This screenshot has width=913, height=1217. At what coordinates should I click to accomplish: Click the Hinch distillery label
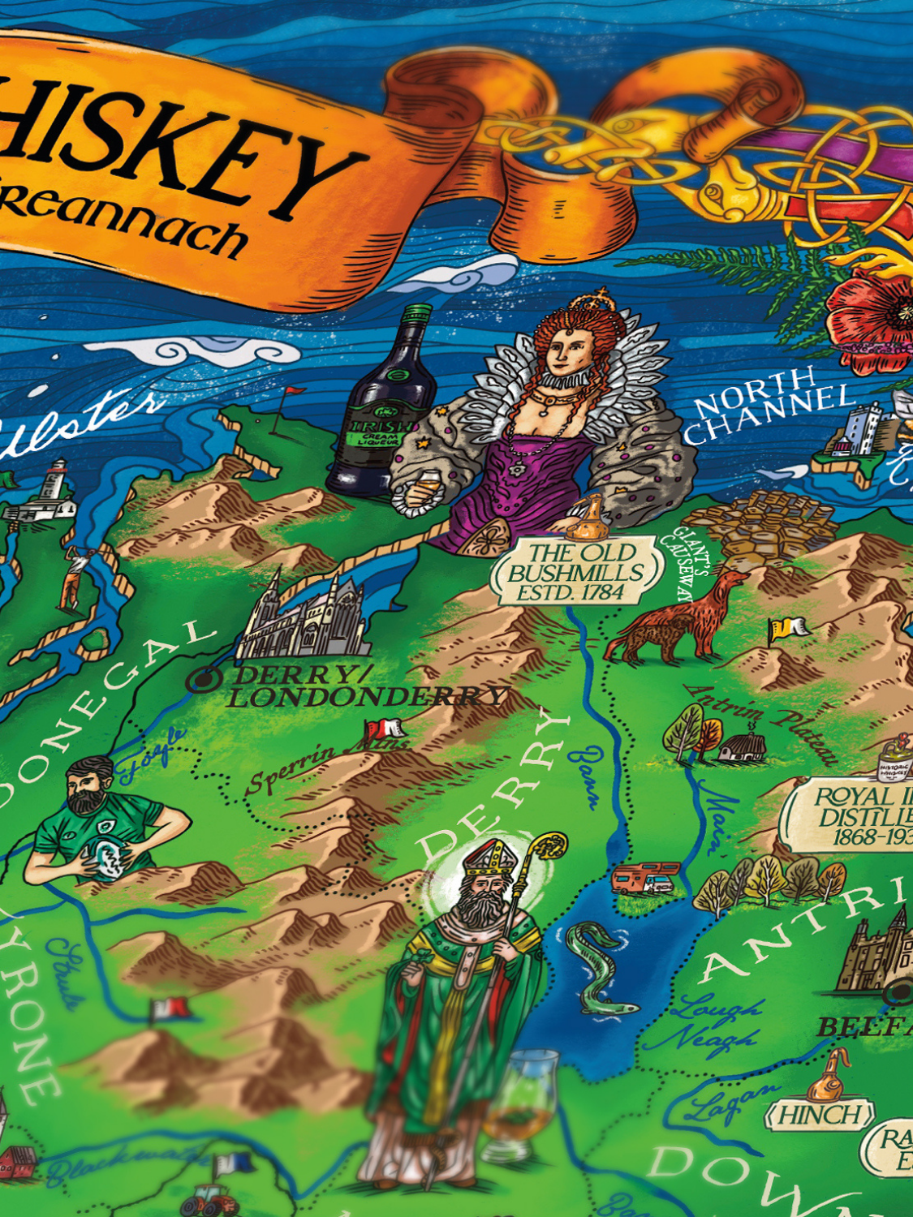click(x=820, y=1116)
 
